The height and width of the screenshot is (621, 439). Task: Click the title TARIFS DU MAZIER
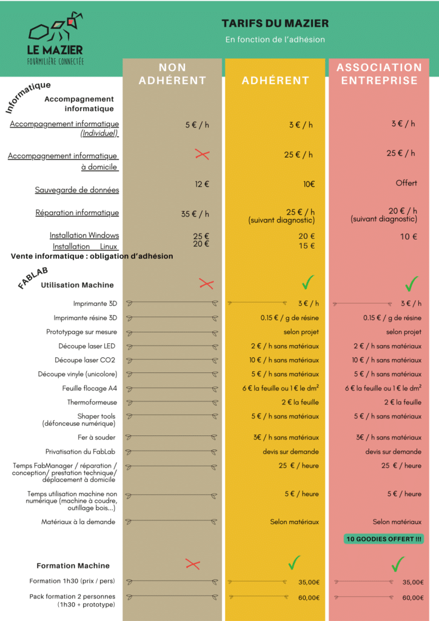tap(275, 24)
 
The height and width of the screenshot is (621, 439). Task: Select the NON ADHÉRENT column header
tap(172, 74)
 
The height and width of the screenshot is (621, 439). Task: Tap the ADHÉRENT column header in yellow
tap(275, 80)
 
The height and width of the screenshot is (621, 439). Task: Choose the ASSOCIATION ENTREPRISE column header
tap(379, 74)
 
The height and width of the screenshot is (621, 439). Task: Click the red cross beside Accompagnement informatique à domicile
tap(202, 155)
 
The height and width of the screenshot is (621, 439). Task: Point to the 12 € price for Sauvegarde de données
tap(202, 184)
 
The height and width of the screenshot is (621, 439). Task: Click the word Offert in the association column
tap(406, 183)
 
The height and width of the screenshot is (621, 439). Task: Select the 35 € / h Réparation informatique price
tap(195, 214)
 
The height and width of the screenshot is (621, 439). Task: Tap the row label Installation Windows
tap(84, 235)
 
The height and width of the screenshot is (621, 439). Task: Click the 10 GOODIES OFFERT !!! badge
tap(383, 539)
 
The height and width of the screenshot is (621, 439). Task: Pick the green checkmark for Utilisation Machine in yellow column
tap(308, 282)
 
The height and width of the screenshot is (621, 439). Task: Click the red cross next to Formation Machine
tap(193, 565)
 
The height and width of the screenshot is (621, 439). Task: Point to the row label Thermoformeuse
tap(92, 402)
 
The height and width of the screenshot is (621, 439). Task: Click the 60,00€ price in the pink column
tap(412, 598)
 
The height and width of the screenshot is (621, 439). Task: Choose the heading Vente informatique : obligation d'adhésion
tap(92, 257)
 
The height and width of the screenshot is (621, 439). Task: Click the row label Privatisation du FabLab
tap(81, 452)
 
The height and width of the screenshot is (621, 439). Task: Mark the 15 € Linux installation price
tap(307, 246)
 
